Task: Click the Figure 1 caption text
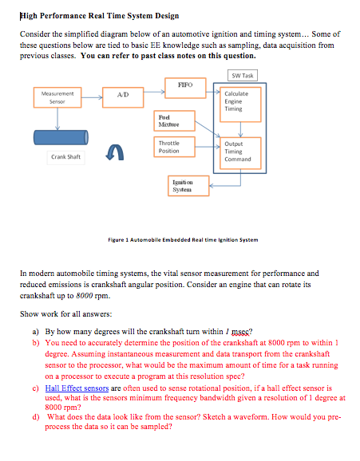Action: coord(183,239)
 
